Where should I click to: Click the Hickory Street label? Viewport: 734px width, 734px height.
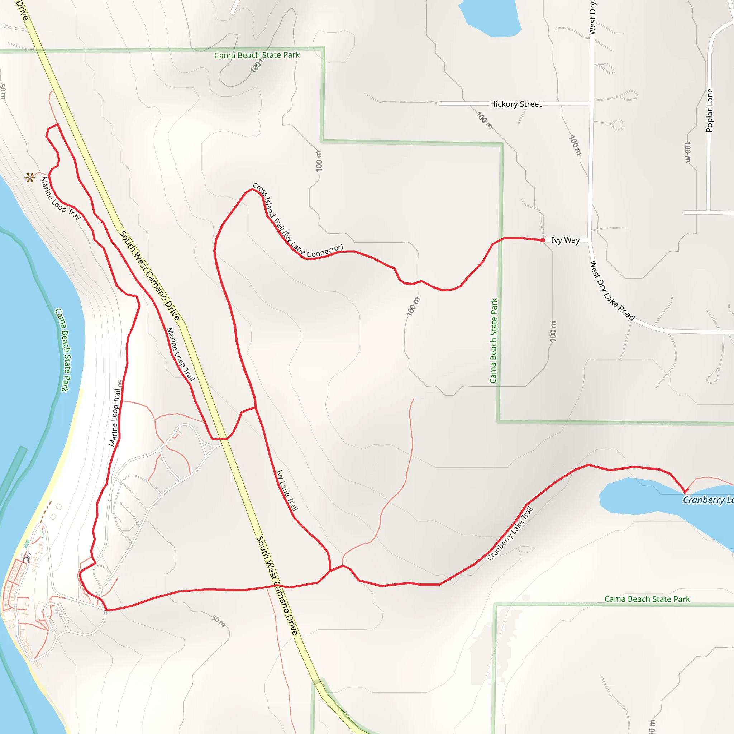click(515, 104)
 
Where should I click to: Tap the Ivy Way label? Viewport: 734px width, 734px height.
click(565, 240)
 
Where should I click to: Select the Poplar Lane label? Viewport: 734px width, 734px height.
click(709, 110)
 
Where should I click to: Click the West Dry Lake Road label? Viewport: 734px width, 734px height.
click(612, 291)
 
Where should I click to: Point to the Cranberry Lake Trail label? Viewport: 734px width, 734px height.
click(510, 533)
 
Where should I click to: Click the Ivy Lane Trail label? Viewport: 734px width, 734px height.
click(287, 490)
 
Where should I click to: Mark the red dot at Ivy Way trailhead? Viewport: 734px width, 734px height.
click(543, 240)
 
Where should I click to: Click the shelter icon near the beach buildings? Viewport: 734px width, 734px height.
click(26, 559)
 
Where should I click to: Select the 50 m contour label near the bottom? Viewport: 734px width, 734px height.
click(219, 621)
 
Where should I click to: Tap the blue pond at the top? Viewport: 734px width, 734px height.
click(490, 17)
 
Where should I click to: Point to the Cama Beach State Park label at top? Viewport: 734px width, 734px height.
click(257, 56)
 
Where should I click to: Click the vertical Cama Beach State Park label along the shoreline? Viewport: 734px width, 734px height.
click(63, 349)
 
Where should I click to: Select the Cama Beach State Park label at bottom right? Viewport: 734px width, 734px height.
click(647, 599)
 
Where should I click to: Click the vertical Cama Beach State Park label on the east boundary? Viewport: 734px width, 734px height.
click(494, 341)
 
